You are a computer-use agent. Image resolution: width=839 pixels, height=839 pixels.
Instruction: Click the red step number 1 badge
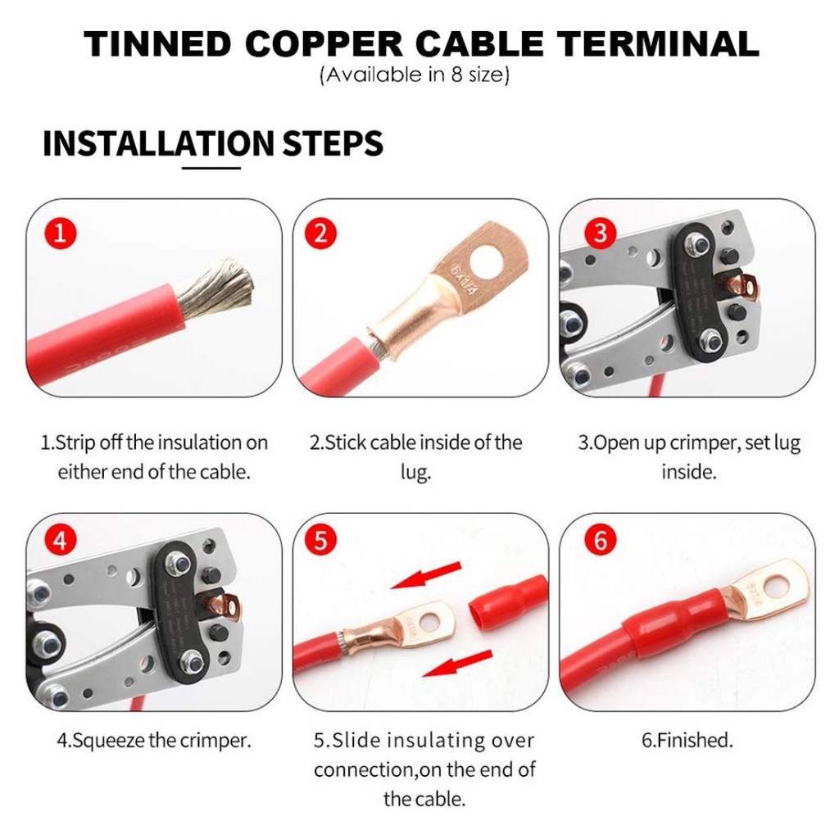click(x=60, y=234)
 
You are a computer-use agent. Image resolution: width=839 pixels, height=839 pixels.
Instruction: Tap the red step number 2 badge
click(x=320, y=234)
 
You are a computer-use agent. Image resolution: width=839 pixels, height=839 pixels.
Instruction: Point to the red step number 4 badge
click(x=60, y=541)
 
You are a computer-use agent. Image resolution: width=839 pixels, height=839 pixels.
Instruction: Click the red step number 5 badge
click(x=320, y=541)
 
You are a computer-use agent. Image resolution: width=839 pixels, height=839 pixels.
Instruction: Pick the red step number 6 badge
click(x=601, y=541)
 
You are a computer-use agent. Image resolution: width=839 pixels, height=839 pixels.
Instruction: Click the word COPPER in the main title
click(x=324, y=44)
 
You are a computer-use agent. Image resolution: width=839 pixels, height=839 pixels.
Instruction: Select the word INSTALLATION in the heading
click(x=158, y=143)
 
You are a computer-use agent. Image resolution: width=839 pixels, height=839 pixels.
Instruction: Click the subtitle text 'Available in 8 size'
click(x=415, y=75)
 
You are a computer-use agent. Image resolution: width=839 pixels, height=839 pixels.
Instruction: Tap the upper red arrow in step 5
click(x=426, y=575)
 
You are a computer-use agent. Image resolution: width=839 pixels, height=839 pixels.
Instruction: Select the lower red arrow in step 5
click(x=457, y=663)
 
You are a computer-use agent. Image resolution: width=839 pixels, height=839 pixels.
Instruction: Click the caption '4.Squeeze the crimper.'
click(x=154, y=741)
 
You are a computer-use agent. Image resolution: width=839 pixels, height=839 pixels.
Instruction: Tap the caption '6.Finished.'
click(x=687, y=740)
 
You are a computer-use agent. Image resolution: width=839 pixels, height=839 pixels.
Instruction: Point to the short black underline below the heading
click(x=211, y=168)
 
